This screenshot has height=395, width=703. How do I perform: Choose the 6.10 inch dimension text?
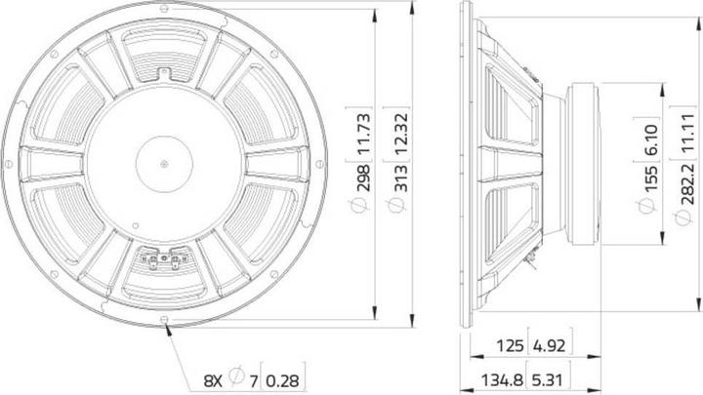(651, 140)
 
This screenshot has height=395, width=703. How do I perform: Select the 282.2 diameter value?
(687, 185)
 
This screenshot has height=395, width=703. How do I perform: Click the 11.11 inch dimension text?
(687, 132)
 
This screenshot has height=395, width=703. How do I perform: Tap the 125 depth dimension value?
(510, 345)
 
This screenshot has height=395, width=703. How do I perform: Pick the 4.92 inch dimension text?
(549, 345)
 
